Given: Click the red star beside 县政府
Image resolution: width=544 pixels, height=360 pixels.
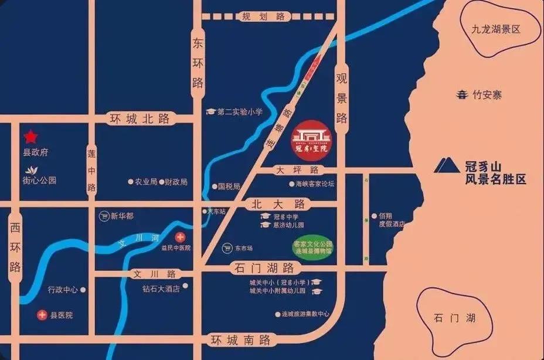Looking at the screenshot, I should pos(30,137).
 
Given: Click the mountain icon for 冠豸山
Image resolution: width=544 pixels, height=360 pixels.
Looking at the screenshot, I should pos(447,166).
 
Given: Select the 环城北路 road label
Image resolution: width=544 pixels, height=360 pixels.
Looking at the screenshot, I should pos(140,118).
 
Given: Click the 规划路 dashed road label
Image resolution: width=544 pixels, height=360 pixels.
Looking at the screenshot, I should pos(264,16).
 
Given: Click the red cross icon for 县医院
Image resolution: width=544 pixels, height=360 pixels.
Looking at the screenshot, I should pos(42,315).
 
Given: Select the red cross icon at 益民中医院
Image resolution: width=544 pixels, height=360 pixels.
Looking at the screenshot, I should pos(180,236).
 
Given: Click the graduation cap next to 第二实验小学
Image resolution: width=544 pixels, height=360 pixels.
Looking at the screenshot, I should pos(210,111).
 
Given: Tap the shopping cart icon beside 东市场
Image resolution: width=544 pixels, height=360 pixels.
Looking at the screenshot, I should pos(227,248).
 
